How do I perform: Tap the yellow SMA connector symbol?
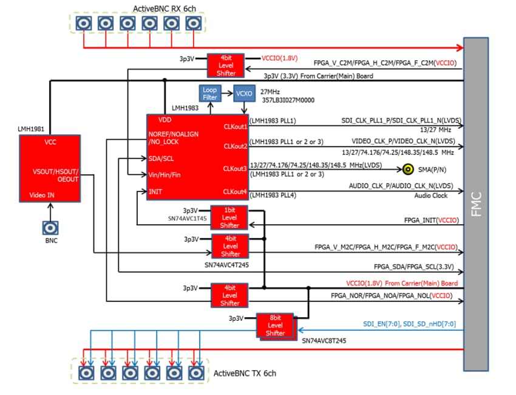[x=409, y=170]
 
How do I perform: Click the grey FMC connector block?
[x=475, y=204]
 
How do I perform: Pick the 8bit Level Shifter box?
[x=275, y=325]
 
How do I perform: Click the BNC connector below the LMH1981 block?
[x=50, y=228]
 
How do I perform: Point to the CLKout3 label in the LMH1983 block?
[x=235, y=168]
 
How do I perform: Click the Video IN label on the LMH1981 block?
[x=41, y=196]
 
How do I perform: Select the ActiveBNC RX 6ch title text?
[x=165, y=9]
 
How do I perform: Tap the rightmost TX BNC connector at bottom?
[x=195, y=372]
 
